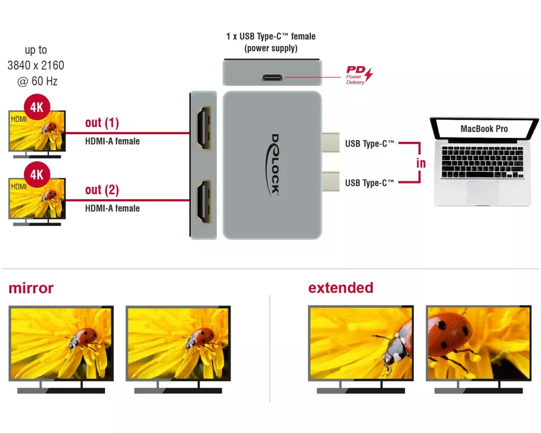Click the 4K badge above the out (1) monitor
click(36, 107)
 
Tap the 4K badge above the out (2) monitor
click(36, 175)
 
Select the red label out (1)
click(102, 123)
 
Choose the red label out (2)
click(102, 190)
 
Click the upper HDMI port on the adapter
click(203, 128)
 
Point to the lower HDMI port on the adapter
click(203, 201)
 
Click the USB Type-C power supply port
click(272, 77)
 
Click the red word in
click(421, 163)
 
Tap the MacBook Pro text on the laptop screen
click(484, 129)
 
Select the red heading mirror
click(31, 288)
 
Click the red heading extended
click(341, 287)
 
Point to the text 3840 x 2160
click(36, 65)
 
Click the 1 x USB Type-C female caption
click(270, 37)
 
